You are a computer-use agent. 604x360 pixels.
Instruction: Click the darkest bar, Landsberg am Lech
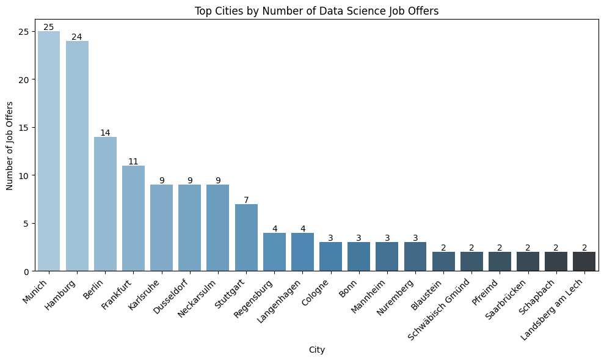tap(584, 261)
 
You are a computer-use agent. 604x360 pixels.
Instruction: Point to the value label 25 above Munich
tap(49, 27)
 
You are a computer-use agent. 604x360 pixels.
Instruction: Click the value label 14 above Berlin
tap(105, 133)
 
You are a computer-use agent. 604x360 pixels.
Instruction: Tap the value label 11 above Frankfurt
tap(133, 161)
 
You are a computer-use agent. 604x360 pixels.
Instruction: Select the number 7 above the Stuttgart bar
tap(246, 200)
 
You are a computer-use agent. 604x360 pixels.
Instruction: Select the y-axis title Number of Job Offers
tap(10, 145)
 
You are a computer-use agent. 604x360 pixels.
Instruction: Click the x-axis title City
tap(316, 350)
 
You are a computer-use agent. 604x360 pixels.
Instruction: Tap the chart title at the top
tap(316, 10)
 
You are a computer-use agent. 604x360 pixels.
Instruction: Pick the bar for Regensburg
tap(274, 252)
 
